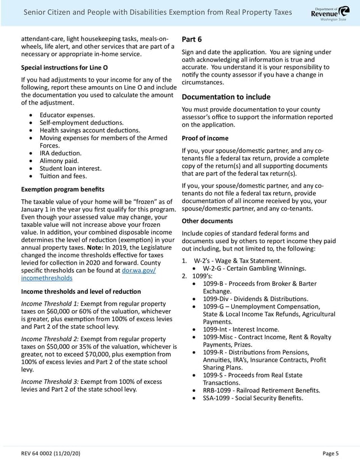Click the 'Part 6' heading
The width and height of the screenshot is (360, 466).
tap(192, 39)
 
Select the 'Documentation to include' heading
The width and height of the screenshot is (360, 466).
tap(226, 97)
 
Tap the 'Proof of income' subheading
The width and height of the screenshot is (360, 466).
tap(205, 138)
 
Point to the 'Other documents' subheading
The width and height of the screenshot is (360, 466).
tap(207, 221)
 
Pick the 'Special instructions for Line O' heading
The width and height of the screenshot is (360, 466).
tap(65, 67)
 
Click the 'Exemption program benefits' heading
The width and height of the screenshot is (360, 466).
tap(62, 189)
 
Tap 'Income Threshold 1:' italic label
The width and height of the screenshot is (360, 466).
tap(49, 304)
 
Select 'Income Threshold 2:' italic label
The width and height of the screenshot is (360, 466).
tap(49, 339)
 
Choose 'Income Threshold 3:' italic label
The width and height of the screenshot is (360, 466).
tap(49, 382)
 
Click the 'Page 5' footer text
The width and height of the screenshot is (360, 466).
tap(330, 453)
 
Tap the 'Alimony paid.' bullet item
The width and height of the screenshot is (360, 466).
tap(60, 160)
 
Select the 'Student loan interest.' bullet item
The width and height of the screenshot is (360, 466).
tap(70, 168)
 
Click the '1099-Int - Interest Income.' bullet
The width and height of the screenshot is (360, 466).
tap(241, 329)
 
